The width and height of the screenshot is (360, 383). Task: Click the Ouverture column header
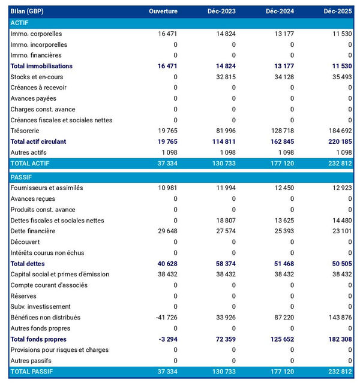click(163, 12)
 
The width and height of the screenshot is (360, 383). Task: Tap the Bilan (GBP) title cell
click(27, 12)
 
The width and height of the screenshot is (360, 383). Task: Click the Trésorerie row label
click(28, 131)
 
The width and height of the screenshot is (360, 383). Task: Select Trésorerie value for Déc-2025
click(338, 131)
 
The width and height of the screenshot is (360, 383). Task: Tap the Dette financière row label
click(33, 231)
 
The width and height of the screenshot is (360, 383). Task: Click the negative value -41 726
click(166, 317)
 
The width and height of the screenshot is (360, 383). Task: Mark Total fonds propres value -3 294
click(167, 339)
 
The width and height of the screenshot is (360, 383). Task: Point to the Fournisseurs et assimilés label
click(47, 188)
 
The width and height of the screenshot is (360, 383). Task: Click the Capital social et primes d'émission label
click(60, 274)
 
